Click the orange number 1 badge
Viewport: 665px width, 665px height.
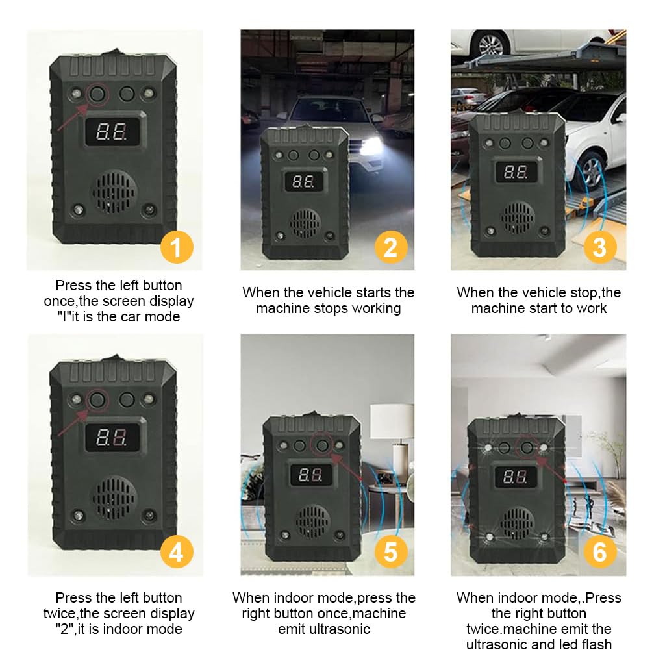177,247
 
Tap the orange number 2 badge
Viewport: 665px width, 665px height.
390,247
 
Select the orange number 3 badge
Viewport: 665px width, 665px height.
599,247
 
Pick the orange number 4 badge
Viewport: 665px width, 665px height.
177,552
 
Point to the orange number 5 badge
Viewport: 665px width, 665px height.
390,552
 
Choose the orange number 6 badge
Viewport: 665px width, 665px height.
599,552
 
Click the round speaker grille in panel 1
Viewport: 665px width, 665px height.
114,192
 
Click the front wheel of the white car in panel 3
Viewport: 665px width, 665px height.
591,170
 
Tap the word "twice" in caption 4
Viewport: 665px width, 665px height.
73,613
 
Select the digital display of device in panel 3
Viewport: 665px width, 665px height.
517,171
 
